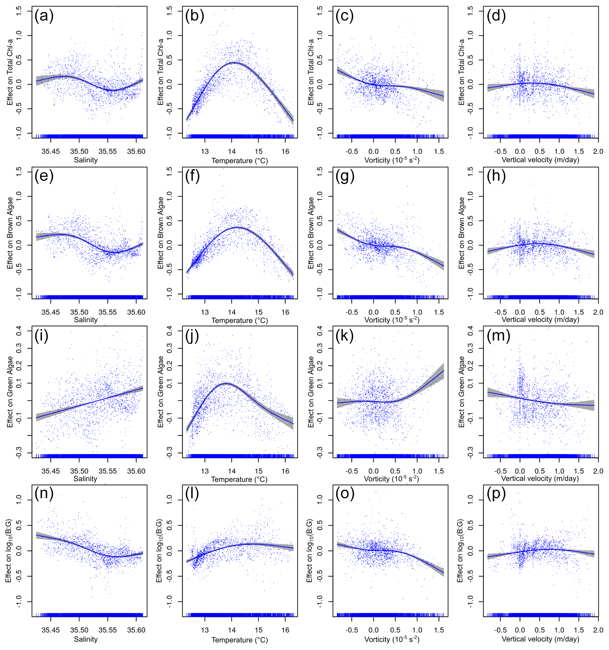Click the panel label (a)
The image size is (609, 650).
tap(44, 16)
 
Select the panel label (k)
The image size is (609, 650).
tap(345, 336)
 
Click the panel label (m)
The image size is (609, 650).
tap(498, 336)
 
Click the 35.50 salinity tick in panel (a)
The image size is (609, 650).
tap(79, 152)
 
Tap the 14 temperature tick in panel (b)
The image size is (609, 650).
tap(231, 152)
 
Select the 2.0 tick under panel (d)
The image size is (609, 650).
tap(598, 152)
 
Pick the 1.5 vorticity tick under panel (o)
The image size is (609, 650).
tap(439, 630)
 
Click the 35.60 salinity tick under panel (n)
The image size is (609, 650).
tap(136, 630)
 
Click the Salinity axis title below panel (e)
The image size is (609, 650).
tap(86, 320)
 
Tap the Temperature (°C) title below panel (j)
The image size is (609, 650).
tap(239, 479)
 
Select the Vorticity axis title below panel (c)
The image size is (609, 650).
tap(392, 160)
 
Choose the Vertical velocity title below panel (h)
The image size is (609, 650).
tap(540, 320)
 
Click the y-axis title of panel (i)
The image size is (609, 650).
tap(10, 392)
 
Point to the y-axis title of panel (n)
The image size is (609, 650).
tap(9, 551)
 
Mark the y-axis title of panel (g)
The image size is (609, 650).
tap(311, 233)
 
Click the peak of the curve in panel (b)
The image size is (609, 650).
tap(234, 62)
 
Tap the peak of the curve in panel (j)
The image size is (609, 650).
tap(226, 383)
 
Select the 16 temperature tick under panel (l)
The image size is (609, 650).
tap(285, 630)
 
